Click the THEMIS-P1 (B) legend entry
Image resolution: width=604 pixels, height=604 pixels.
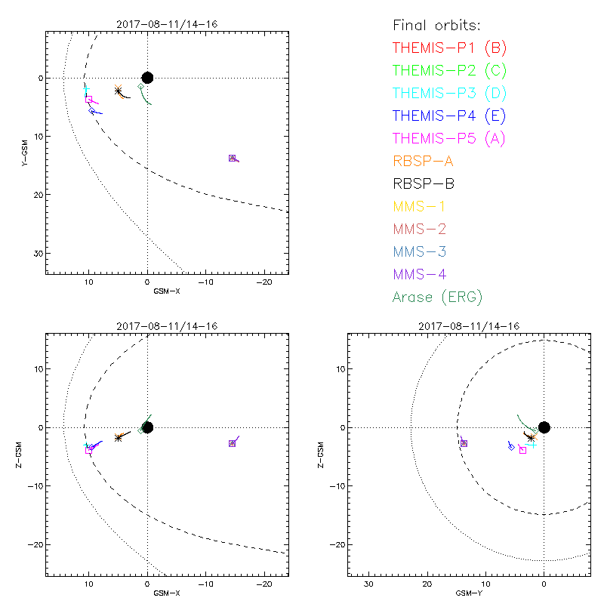coord(449,48)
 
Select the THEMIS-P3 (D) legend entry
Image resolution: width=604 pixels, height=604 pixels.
coord(449,94)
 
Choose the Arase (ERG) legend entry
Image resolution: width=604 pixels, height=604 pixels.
coord(437,297)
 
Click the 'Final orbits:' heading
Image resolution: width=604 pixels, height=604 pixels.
coord(442,25)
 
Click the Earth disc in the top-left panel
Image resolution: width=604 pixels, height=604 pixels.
coord(147,78)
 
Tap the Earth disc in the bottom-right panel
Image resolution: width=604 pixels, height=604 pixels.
coord(544,427)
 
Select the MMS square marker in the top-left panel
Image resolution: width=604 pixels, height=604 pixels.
coord(232,158)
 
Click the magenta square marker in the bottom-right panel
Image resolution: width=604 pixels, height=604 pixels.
coord(522,450)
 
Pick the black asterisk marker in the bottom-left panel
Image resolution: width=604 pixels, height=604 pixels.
coord(119,438)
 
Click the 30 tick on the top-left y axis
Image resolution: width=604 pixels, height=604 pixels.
coord(36,253)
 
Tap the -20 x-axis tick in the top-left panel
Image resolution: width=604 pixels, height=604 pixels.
coord(263,282)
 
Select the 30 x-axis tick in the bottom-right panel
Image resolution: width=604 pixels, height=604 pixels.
coord(368,584)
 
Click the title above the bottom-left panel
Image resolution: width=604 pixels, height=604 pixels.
coord(166,326)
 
